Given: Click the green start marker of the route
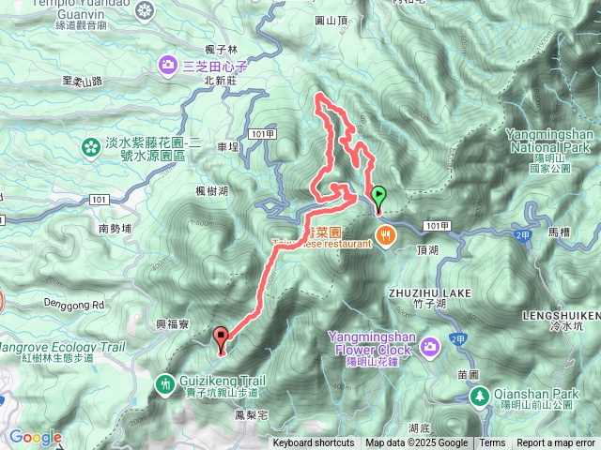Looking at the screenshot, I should pos(378,196).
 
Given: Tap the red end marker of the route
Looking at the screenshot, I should pos(222,337).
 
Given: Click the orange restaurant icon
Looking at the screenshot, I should pos(385,234).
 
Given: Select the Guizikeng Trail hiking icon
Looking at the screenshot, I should pos(166,382).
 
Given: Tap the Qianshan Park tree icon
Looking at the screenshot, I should pos(480,397).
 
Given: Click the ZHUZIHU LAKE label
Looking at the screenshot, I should pos(427,293).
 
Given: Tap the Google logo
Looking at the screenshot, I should pos(36,437).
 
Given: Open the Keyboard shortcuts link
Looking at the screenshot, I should pos(314,443).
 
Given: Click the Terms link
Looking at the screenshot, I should pos(492,443).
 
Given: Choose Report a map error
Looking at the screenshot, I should pos(555,443).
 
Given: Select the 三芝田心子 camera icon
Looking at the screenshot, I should pos(167,65).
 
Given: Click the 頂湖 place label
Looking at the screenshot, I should pos(426,250).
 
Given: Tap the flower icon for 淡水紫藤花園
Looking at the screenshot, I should pos(90,147).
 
